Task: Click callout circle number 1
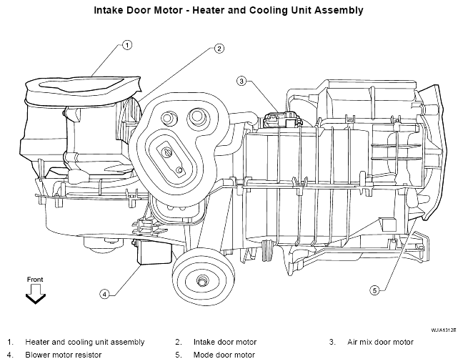tap(127, 45)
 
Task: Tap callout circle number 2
tap(219, 49)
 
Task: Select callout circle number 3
tap(242, 81)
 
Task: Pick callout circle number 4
tap(104, 294)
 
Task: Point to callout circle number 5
tap(374, 290)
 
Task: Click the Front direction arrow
tap(36, 294)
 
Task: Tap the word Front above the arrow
tap(35, 280)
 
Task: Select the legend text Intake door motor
tap(224, 342)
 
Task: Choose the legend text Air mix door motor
tap(380, 342)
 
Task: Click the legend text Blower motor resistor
tap(63, 355)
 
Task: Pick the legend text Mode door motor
tap(224, 355)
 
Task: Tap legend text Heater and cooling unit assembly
tap(85, 342)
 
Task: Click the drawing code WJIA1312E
tap(443, 330)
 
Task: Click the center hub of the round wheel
tap(202, 280)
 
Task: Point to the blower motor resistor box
tap(154, 252)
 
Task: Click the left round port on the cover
tap(169, 117)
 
